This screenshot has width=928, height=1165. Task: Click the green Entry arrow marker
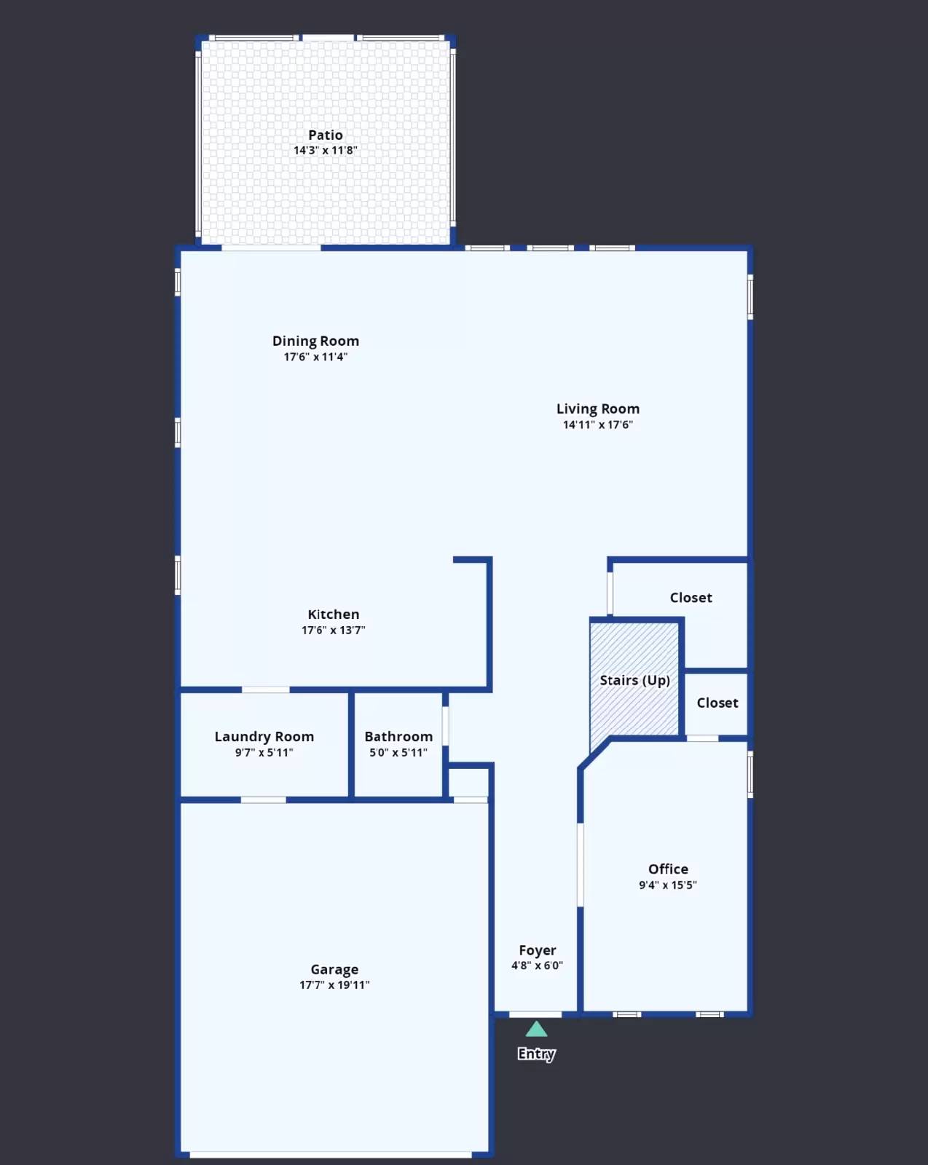coord(536,1029)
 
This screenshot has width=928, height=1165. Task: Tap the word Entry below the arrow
coord(536,1054)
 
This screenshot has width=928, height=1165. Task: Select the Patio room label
coord(325,135)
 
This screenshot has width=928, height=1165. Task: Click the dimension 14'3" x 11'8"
coord(325,151)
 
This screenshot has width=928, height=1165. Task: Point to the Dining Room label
coord(315,341)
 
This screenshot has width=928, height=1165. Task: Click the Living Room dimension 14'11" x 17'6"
coord(597,424)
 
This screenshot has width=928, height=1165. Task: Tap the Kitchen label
coord(333,615)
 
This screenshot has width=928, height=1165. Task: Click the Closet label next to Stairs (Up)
coord(717,703)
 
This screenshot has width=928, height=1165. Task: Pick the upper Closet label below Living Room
coord(691,598)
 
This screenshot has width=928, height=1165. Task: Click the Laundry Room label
coord(264,736)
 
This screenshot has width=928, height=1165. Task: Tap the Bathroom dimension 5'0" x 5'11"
coord(398,752)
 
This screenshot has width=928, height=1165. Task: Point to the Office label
coord(668,869)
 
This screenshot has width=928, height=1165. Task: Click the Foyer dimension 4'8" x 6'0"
coord(537,965)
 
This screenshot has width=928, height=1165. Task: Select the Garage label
coord(334,969)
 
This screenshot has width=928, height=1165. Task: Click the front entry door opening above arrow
coord(535,1014)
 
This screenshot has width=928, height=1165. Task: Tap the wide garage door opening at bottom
coord(331,1155)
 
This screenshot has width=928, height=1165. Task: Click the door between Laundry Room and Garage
coord(263,800)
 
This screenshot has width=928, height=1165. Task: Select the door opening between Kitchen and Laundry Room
coord(265,690)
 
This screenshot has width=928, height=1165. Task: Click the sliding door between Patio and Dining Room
coord(271,248)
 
